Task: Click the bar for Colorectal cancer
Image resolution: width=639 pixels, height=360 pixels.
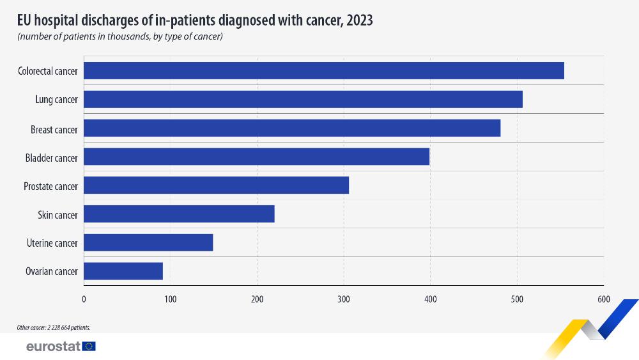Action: pos(324,70)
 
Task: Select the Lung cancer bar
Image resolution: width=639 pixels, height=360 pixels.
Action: pos(303,99)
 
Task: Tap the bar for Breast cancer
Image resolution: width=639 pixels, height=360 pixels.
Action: pos(292,128)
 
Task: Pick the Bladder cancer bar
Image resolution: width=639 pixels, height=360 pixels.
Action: pos(256,157)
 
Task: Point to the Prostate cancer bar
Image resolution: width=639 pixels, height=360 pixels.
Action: pos(216,185)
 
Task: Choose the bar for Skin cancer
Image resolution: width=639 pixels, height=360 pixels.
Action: pos(179,214)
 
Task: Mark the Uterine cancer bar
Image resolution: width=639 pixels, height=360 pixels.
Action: pos(148,242)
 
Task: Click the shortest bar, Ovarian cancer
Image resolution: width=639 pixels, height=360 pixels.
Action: pos(123,271)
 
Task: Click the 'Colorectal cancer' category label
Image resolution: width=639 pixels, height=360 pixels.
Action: pos(47,71)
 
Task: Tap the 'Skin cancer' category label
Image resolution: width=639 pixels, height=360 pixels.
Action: pos(58,215)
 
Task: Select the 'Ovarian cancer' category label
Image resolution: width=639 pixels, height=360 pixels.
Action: pos(51,272)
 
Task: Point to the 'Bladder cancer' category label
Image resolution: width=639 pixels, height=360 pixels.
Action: pos(51,157)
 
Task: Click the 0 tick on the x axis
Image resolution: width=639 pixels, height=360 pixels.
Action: pos(84,299)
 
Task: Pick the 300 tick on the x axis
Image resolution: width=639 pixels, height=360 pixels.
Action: pos(344,299)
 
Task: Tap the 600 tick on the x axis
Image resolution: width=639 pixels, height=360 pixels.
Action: pos(603,299)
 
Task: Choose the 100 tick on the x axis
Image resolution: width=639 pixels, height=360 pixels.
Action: pos(171,299)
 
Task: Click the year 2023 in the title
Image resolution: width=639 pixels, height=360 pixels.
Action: pos(359,20)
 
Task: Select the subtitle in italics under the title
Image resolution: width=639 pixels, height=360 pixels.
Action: pos(120,36)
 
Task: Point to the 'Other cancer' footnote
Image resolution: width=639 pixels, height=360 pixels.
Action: pos(54,327)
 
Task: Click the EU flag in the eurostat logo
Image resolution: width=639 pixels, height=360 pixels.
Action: pos(89,346)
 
